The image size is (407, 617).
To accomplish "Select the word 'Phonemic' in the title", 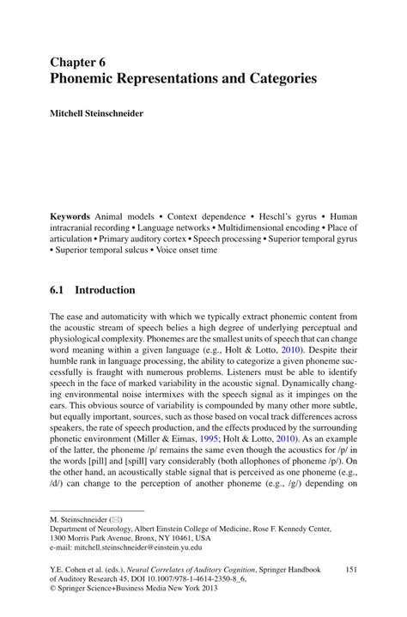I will coord(83,78).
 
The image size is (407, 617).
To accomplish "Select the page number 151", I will coord(349,567).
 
